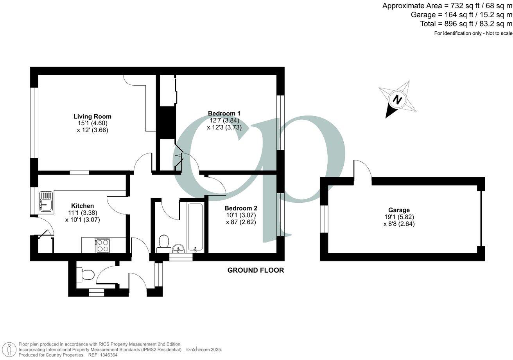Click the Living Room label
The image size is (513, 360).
click(x=92, y=116)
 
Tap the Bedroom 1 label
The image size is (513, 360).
click(x=224, y=113)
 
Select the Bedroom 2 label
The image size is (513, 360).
click(x=240, y=208)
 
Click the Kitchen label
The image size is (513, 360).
click(x=82, y=206)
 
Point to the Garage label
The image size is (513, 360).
click(x=399, y=210)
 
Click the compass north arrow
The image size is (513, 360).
click(x=398, y=99)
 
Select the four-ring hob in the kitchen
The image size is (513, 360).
click(x=102, y=245)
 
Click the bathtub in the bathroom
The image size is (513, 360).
click(x=194, y=227)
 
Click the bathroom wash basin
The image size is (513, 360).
click(x=179, y=248)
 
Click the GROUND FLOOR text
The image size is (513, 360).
click(x=256, y=270)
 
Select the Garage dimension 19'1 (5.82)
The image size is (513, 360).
click(x=399, y=217)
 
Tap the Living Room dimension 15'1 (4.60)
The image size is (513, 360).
click(x=92, y=123)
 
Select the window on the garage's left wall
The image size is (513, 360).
click(x=324, y=219)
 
